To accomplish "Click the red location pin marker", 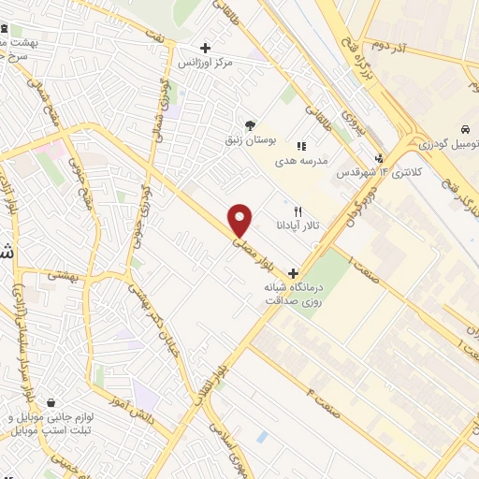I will (240, 220).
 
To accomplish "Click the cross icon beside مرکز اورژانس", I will (205, 48).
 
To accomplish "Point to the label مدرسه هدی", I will (299, 161).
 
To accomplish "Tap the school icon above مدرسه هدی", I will (300, 146).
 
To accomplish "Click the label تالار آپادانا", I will (298, 226).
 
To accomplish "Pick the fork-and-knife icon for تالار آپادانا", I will (298, 211).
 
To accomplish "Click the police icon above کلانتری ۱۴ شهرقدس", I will (379, 158).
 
